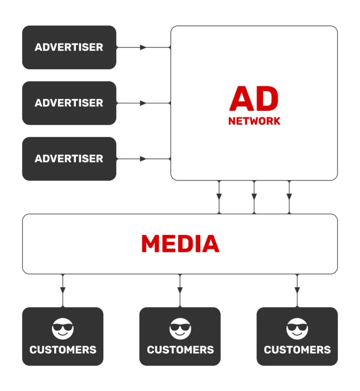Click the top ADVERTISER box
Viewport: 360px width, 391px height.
[x=69, y=48]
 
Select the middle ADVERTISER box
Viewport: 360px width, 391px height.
[x=69, y=103]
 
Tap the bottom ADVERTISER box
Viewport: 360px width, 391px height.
[x=69, y=158]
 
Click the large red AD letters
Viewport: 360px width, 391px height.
[x=254, y=99]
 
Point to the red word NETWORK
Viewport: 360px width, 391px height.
[x=254, y=121]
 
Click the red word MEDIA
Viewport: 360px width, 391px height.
[x=180, y=244]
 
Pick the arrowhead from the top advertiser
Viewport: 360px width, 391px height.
[x=143, y=48]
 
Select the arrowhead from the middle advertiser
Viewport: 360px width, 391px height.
[x=143, y=103]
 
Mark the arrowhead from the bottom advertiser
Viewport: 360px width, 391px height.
[x=143, y=158]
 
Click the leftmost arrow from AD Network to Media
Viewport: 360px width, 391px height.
[x=219, y=196]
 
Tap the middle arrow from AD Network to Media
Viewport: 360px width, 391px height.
[x=254, y=196]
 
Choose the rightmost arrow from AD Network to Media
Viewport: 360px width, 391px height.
[x=289, y=196]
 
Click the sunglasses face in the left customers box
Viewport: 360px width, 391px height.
[x=63, y=329]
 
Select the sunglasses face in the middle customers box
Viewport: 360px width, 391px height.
[x=180, y=329]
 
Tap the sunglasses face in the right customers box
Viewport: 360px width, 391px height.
[x=297, y=329]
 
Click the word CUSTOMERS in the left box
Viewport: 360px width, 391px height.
[x=63, y=349]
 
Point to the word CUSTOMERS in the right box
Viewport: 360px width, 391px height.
[x=297, y=349]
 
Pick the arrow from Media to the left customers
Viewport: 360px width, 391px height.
[x=63, y=290]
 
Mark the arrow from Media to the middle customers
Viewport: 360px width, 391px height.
[x=180, y=290]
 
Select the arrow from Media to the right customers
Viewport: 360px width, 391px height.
[x=297, y=290]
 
